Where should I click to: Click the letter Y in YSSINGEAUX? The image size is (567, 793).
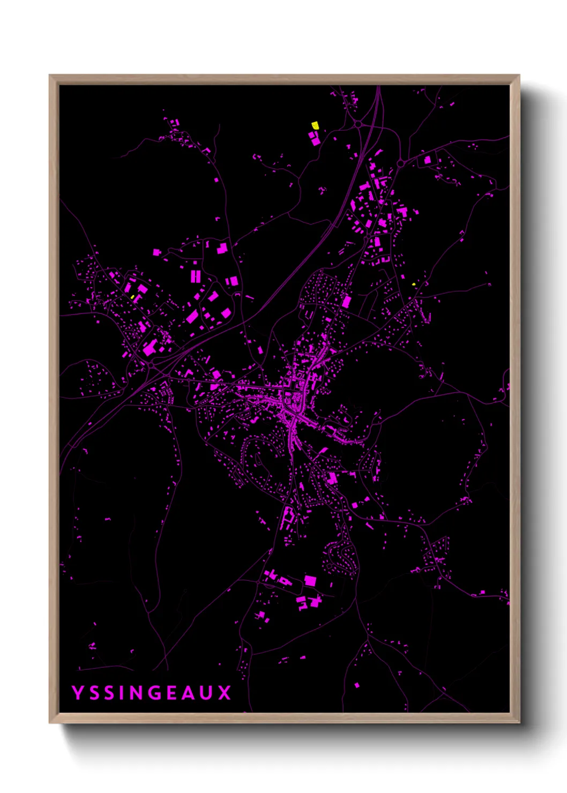[78, 692]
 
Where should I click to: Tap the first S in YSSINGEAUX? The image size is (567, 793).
[95, 692]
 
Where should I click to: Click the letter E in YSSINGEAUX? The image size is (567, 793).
[171, 692]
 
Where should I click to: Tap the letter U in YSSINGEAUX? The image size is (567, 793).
[206, 692]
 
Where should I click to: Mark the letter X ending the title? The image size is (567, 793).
[225, 692]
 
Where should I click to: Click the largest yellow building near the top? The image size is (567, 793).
[315, 125]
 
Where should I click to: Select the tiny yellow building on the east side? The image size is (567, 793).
[413, 284]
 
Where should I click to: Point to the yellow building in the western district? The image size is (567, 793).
[132, 296]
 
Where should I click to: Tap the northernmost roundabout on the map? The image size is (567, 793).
[358, 124]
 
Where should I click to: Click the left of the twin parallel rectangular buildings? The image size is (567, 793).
[193, 276]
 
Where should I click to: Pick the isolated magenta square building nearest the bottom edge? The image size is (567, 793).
[357, 685]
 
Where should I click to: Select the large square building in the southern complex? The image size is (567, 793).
[310, 581]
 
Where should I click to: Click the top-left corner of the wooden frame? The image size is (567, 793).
[50, 76]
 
